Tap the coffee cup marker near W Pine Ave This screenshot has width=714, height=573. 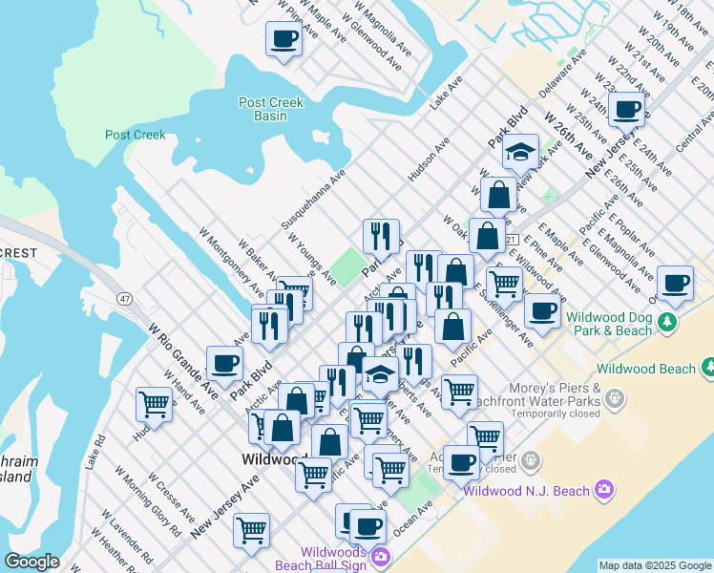coord(283,39)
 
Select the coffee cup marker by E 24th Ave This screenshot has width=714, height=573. coord(626,109)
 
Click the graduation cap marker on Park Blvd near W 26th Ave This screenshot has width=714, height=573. coord(520,152)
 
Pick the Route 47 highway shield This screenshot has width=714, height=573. coord(125,299)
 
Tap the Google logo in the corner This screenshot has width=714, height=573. coord(31,562)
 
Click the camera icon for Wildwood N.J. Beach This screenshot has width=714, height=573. coord(603,491)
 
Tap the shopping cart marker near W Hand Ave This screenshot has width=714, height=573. coord(153,404)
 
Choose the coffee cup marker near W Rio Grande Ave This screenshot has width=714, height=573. coord(224,363)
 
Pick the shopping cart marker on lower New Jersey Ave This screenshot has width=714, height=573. coord(251,529)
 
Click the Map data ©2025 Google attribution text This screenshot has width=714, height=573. coord(655,565)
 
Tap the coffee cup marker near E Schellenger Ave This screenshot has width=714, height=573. coord(542,310)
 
